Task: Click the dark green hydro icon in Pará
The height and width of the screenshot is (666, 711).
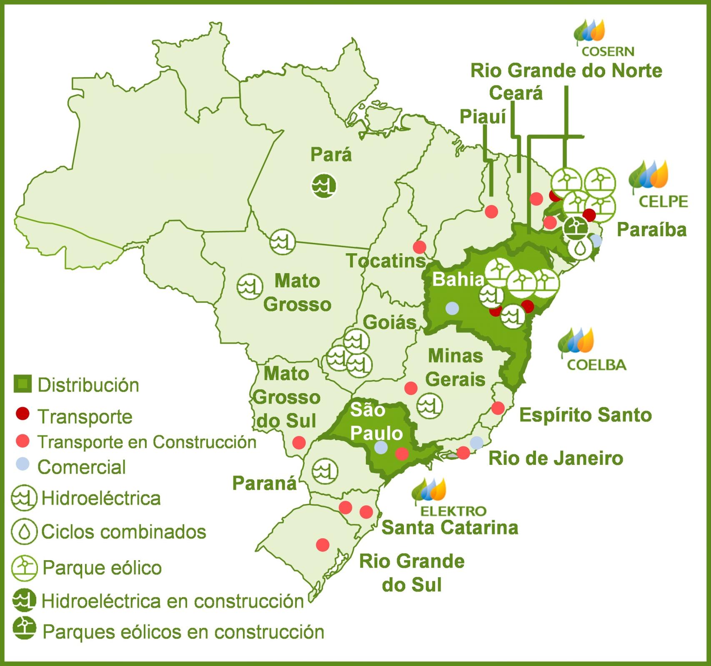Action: pos(324,185)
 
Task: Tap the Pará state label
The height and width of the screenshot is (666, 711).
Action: pos(331,155)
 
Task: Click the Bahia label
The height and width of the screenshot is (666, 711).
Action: pos(458,279)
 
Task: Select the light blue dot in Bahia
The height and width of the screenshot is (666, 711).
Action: pos(452,308)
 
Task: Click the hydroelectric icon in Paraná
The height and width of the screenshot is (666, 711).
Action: pos(325,471)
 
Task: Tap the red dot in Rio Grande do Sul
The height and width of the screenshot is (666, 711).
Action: pos(323,544)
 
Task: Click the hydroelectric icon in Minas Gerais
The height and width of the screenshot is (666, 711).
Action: pos(430,406)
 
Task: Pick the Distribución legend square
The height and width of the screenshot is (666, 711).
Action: pos(23,384)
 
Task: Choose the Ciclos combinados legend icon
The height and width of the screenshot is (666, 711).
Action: pos(24,531)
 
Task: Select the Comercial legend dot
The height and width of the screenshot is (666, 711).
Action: pos(23,464)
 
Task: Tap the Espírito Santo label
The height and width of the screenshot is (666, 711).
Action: pos(585,415)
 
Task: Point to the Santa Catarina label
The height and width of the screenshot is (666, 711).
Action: pos(450,527)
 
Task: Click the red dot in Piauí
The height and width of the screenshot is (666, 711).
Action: pos(491,212)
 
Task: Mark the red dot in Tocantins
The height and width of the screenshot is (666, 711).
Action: pos(419,247)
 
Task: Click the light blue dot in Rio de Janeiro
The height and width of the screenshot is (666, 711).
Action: pos(477,442)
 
